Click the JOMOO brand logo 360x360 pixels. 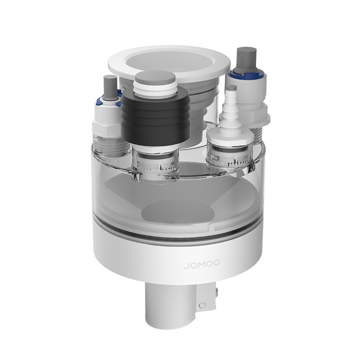pyautogui.click(x=202, y=264)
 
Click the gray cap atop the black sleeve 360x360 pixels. pyautogui.click(x=155, y=77)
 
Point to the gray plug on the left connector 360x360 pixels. pyautogui.click(x=110, y=86)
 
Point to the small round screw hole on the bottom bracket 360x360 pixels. pyautogui.click(x=202, y=305)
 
